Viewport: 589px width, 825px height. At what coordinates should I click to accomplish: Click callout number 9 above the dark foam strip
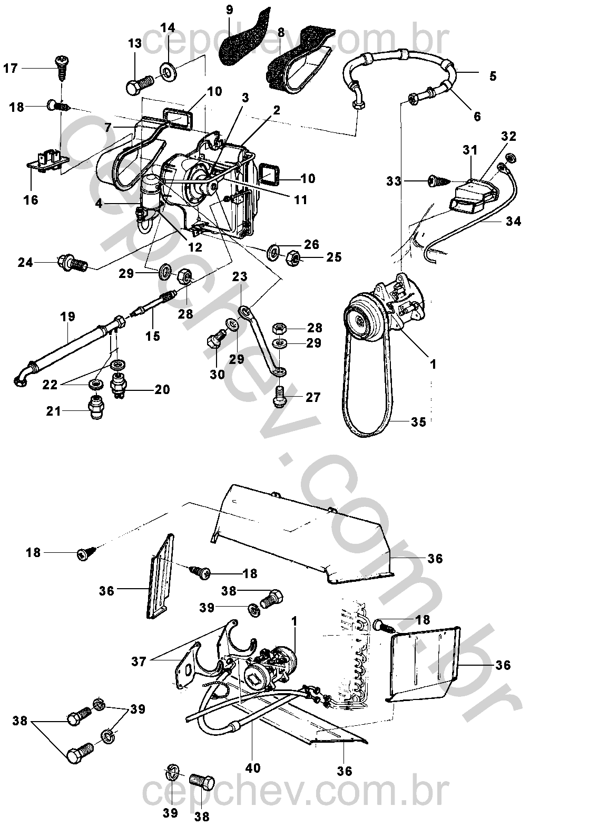pos(229,9)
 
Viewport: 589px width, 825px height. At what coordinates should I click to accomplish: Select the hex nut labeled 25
pos(295,258)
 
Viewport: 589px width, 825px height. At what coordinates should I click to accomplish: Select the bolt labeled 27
pos(279,397)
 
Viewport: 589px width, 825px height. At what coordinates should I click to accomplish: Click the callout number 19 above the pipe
pos(68,317)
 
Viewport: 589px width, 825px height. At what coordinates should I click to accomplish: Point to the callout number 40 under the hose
pos(253,768)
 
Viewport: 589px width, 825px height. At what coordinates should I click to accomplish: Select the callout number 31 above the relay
pos(470,150)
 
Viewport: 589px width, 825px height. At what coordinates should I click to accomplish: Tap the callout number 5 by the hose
pos(493,75)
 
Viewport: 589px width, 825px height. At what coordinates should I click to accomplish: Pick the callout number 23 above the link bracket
pos(240,276)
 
